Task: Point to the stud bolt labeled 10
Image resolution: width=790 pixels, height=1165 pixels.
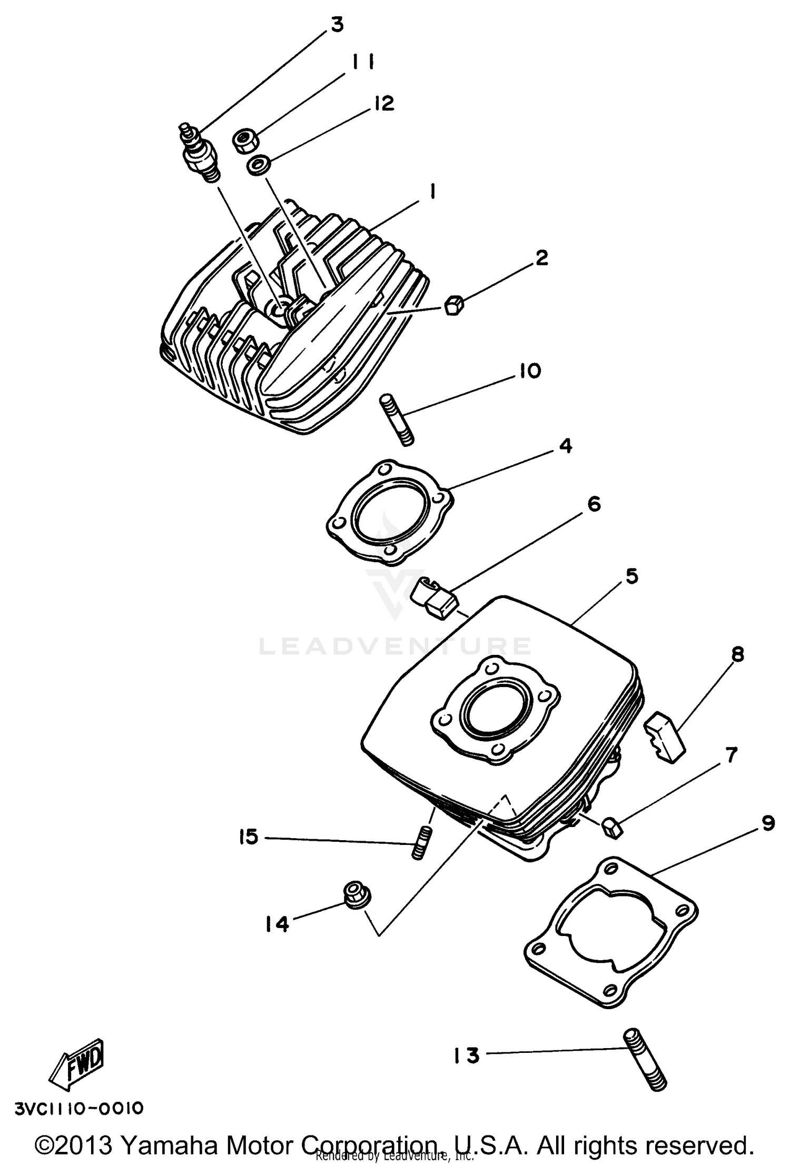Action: (396, 422)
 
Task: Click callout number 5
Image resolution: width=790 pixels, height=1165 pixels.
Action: (631, 576)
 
